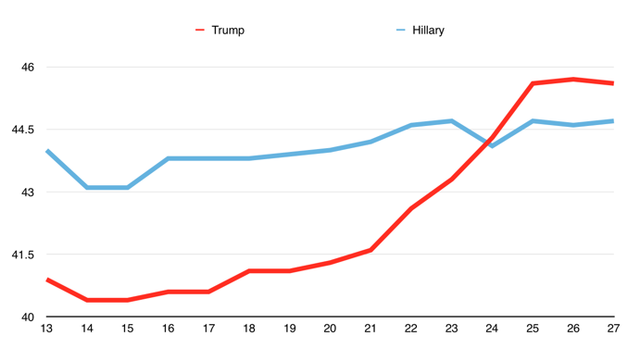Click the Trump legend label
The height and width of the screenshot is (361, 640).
coord(228,31)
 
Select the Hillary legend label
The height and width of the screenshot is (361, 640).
coord(428,31)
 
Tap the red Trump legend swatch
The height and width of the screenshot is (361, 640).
coord(199,31)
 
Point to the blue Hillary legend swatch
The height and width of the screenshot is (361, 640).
coord(401,31)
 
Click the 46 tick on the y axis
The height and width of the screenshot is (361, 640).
coord(28,67)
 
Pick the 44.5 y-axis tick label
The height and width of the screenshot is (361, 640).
coord(23,130)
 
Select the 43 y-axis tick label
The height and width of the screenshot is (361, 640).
coord(28,193)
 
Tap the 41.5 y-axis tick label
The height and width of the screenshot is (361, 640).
coord(23,255)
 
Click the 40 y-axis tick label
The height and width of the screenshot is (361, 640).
coord(28,317)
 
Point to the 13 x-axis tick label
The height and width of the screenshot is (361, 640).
coord(46,329)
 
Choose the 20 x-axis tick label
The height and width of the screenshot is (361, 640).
coord(330,329)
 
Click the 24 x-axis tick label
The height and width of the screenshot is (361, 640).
coord(492,329)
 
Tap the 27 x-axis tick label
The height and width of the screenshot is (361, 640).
coord(613,329)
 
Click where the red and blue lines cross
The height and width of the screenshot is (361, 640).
coord(488,143)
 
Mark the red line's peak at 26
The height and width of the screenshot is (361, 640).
coord(573,79)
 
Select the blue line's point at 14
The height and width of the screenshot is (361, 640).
coord(87,188)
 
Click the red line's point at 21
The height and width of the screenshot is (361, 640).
coord(370,250)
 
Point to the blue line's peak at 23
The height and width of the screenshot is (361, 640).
coord(451,121)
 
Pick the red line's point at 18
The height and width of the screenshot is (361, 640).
coord(249,271)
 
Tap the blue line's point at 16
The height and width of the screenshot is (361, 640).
coord(169,158)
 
